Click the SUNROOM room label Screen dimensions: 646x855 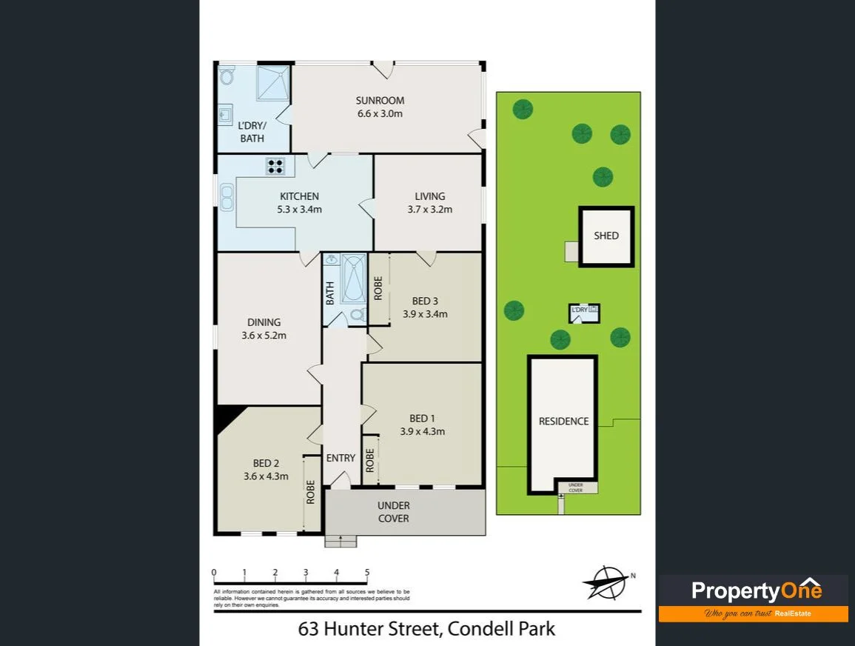380,101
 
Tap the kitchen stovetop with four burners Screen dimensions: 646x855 275,167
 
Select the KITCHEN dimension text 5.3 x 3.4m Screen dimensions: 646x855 299,209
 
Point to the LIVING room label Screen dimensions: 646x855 429,196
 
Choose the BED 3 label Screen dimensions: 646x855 425,301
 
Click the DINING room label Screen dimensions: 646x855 264,322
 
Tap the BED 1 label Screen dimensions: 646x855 422,419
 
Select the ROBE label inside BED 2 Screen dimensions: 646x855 310,492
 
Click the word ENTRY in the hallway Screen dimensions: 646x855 341,458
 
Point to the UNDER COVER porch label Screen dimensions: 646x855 393,512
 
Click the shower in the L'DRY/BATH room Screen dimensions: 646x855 272,82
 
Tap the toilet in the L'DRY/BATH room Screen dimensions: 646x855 227,76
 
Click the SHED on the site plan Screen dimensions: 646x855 606,236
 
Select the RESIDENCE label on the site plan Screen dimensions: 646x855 563,421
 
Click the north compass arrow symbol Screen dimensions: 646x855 607,582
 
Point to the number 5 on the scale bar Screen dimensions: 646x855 367,573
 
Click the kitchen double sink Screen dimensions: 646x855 226,196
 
